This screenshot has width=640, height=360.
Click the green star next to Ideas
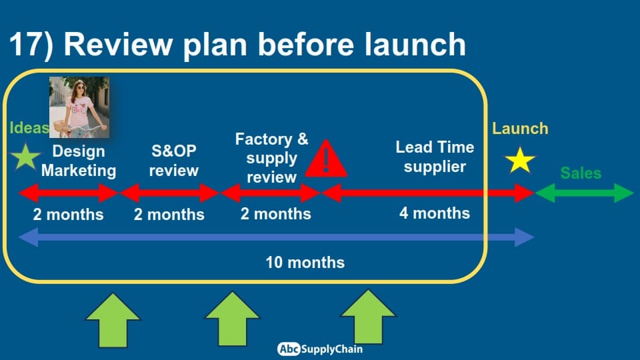point(25,156)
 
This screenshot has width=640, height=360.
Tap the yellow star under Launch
point(520,161)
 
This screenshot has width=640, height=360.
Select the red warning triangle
point(326,159)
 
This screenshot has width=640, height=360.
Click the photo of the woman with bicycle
point(79,107)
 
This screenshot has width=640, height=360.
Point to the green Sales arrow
point(584,193)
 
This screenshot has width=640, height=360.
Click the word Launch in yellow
point(520,129)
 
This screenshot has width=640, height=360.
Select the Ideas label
point(29,128)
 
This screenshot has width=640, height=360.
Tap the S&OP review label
point(174,161)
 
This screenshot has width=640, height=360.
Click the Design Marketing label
point(79,161)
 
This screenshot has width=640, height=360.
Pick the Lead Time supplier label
point(435,157)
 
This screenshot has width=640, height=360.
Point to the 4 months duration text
point(435,213)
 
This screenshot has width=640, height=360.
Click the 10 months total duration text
point(305,263)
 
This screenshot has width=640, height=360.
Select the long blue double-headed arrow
point(276,237)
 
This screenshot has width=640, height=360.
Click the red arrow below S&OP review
point(169,193)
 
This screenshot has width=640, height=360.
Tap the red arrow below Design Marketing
point(68,193)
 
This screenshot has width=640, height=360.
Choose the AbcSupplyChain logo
point(319,349)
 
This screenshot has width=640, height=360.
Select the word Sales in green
point(581,173)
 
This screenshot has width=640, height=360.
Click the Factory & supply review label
point(271,158)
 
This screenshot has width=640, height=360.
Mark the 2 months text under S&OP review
point(169,214)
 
